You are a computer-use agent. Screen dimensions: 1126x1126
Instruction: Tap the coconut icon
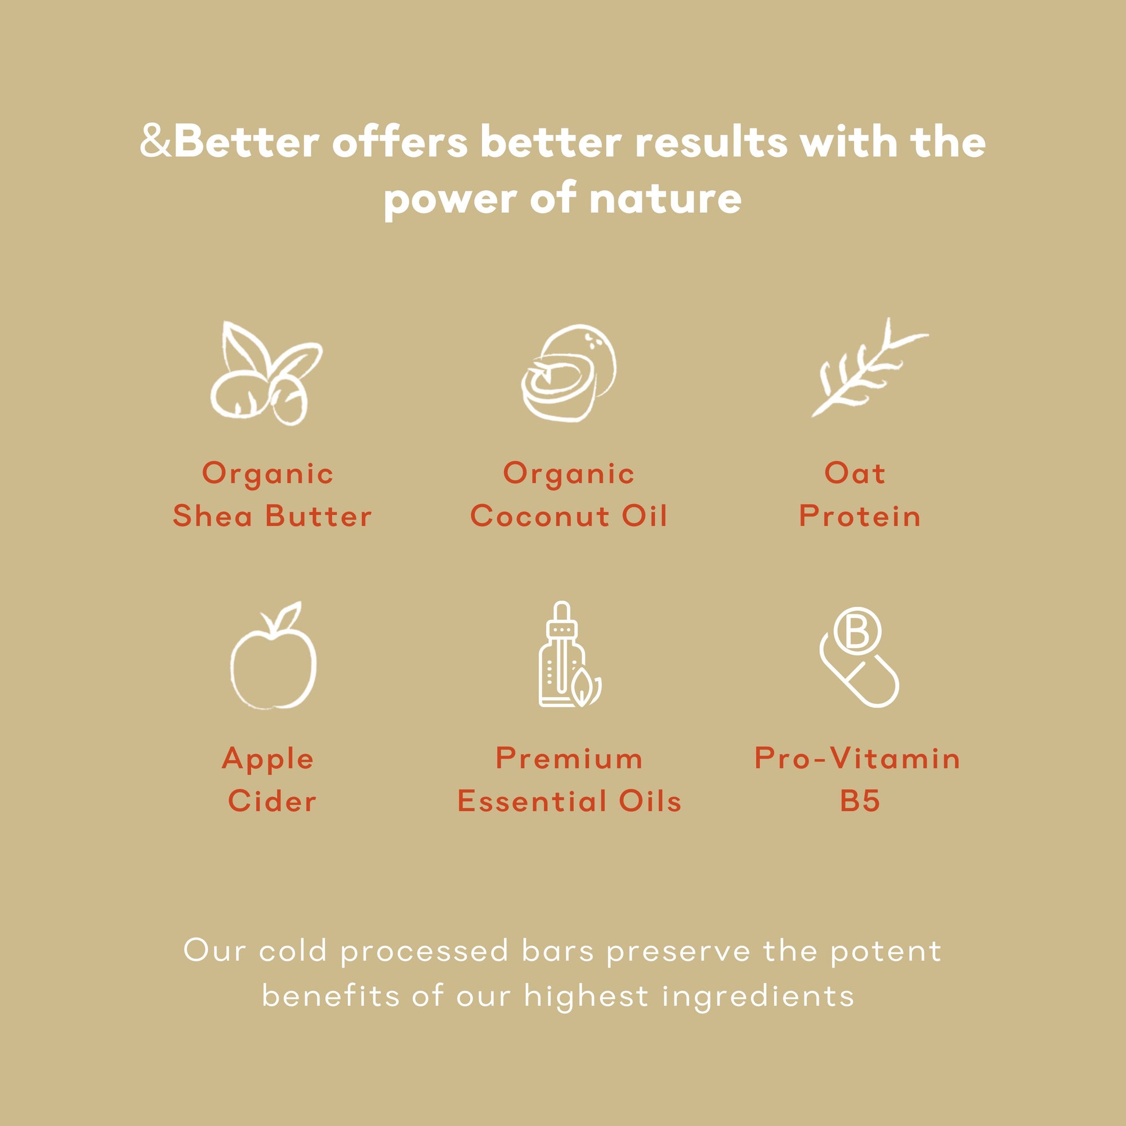(x=568, y=373)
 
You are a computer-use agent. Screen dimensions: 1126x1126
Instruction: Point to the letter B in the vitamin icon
(x=857, y=632)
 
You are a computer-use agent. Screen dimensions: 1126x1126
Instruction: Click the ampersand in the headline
(x=156, y=142)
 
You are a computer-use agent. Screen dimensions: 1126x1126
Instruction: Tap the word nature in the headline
(x=665, y=199)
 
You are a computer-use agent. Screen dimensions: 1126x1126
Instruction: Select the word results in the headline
(x=711, y=142)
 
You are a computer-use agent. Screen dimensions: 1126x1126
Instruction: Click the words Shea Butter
(x=272, y=516)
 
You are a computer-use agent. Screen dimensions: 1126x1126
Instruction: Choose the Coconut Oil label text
(x=569, y=516)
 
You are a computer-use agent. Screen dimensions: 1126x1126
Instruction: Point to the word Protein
(x=860, y=516)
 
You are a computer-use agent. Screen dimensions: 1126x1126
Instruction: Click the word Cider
(x=272, y=801)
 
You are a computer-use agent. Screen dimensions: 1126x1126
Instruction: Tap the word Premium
(x=569, y=759)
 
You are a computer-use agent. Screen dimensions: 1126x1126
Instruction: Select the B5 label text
(x=860, y=801)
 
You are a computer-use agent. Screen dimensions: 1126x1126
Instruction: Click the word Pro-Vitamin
(x=857, y=759)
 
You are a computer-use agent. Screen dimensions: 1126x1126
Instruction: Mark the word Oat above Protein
(x=855, y=473)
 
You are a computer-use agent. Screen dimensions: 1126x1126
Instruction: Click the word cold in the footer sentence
(x=293, y=950)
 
